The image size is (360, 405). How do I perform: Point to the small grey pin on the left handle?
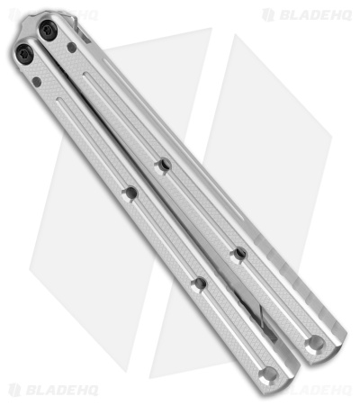point(37,82)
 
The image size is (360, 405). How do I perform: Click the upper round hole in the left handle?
point(130,193)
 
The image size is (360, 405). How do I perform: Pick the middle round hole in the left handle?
point(198,284)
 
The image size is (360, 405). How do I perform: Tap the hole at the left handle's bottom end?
point(265,373)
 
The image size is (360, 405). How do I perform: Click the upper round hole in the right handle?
point(164,165)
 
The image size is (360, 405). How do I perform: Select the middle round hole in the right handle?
point(238,255)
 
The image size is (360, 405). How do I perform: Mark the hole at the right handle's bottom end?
point(314,344)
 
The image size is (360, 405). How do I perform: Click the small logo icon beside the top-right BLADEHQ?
point(268,14)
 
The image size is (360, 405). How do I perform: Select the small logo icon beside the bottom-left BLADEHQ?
point(14,391)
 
